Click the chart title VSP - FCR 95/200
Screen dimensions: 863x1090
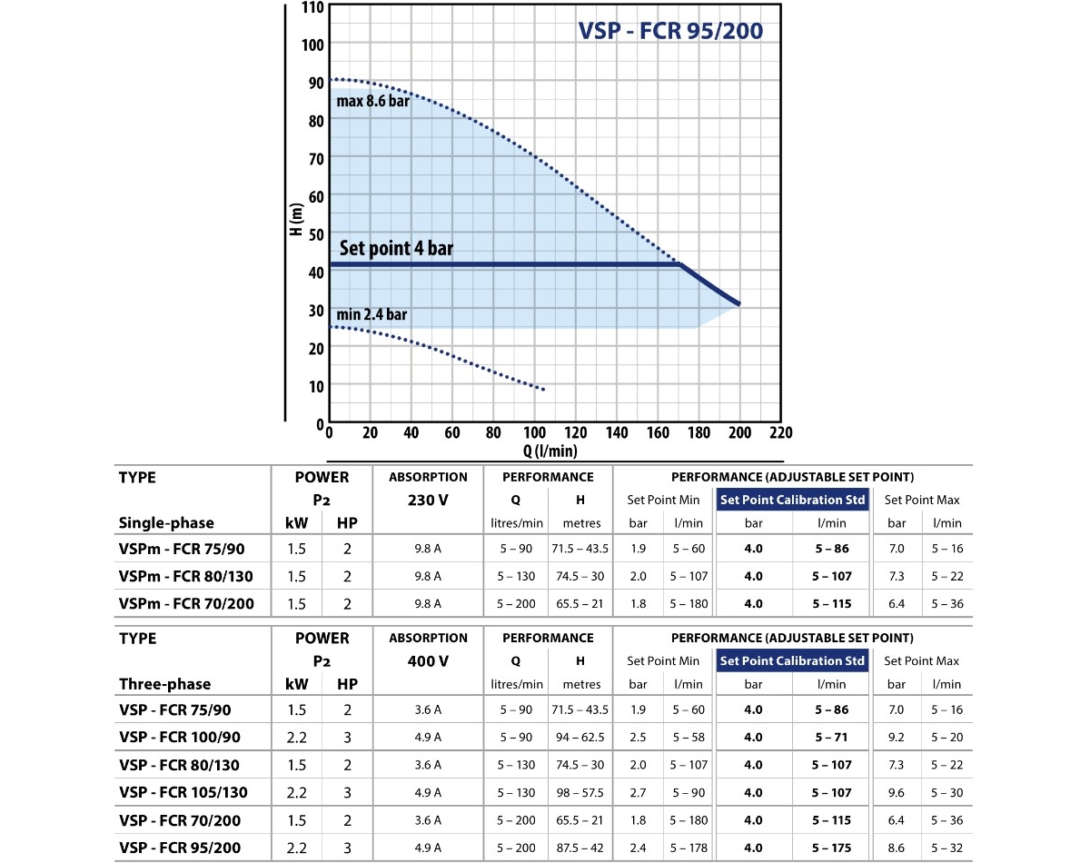point(670,31)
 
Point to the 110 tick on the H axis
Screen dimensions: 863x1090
point(312,6)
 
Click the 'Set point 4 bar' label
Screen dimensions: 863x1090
point(396,248)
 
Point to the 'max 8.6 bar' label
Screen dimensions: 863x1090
point(372,101)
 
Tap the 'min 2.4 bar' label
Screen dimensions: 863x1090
point(372,315)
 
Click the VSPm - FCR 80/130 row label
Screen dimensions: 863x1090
point(186,576)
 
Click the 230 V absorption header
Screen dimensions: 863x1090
point(428,500)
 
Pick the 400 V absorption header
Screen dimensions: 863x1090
point(428,661)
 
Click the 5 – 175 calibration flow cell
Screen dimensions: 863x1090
point(832,847)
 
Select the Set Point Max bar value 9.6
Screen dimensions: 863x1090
point(897,792)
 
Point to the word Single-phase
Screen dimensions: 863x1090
point(166,522)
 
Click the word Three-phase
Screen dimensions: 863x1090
point(164,684)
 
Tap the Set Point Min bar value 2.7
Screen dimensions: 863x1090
point(639,792)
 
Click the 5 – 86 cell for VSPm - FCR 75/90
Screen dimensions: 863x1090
point(832,549)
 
